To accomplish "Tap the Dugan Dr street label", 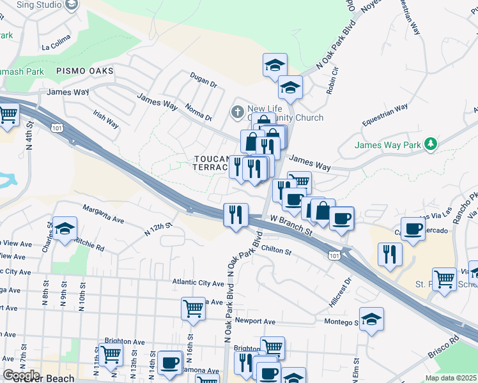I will [204, 80].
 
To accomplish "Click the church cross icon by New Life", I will [237, 112].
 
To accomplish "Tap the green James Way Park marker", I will [431, 145].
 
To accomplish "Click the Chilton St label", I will [276, 250].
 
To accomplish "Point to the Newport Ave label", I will [254, 321].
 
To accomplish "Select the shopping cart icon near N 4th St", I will [8, 116].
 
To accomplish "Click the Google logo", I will [20, 375].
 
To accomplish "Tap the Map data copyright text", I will [451, 378].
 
